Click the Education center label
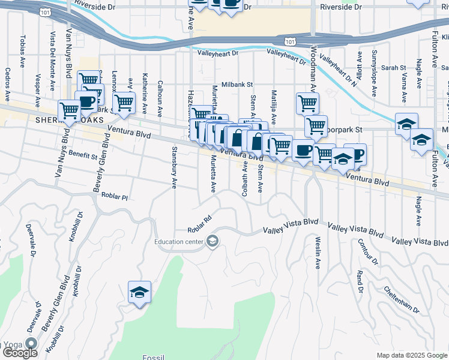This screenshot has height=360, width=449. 178,242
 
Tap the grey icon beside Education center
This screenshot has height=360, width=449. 212,242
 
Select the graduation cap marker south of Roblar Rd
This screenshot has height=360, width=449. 139,293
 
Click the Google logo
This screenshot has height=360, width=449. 20,353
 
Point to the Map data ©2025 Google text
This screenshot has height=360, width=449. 411,355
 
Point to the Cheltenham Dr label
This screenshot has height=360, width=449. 402,298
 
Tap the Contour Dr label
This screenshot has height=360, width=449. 367,252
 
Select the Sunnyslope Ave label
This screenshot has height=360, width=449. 373,75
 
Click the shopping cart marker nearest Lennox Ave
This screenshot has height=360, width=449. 124,102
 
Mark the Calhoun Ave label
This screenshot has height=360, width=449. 160,96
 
